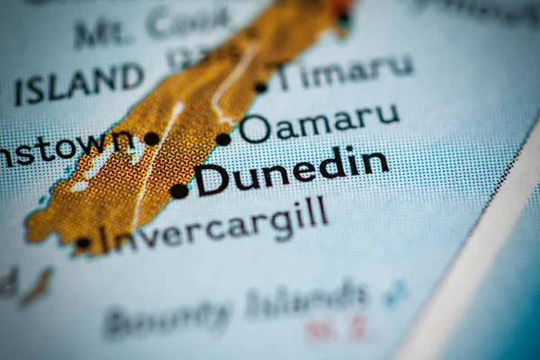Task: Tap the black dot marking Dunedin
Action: (179, 191)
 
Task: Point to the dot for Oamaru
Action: (223, 139)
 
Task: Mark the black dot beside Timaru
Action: (261, 87)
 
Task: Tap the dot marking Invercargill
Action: (83, 242)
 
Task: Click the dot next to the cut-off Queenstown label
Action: (151, 139)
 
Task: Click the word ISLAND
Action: (78, 84)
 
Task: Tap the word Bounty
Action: (166, 318)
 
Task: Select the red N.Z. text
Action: (334, 329)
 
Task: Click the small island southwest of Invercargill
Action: (37, 287)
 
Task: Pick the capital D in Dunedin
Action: (213, 179)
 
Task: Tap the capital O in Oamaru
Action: (254, 129)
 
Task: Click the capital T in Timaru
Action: (287, 77)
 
